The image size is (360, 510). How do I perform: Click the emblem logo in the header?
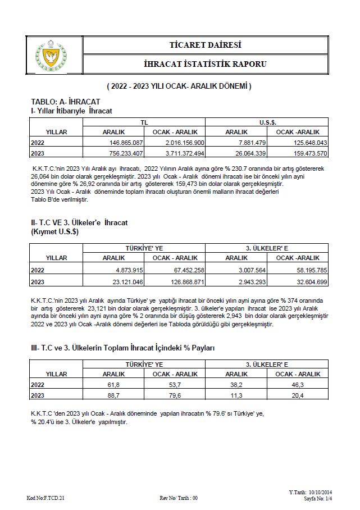51,54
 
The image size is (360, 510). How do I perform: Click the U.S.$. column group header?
267,122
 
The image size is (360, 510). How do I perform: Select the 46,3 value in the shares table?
298,384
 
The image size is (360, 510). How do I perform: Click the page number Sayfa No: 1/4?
318,498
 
